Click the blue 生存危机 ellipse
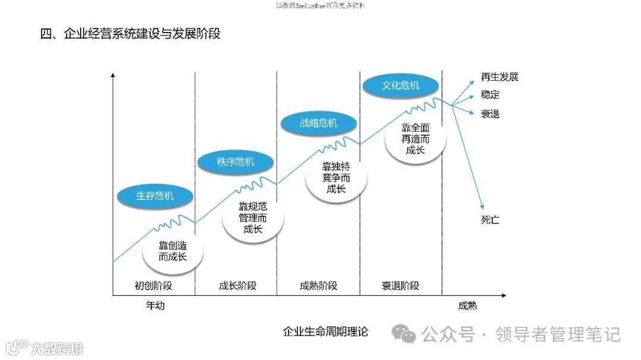point(155,196)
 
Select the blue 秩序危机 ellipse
point(236,161)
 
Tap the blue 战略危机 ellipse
point(319,123)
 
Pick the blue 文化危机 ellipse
point(401,85)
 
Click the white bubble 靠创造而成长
point(173,251)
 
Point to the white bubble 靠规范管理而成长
point(253,217)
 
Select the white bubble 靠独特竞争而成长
point(336,178)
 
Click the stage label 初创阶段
point(154,286)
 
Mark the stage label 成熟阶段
point(319,286)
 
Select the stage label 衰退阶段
point(401,286)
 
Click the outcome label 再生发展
point(500,77)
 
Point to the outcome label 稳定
point(490,95)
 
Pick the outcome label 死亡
point(490,220)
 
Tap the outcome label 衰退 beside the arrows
point(490,114)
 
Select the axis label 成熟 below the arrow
point(468,306)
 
